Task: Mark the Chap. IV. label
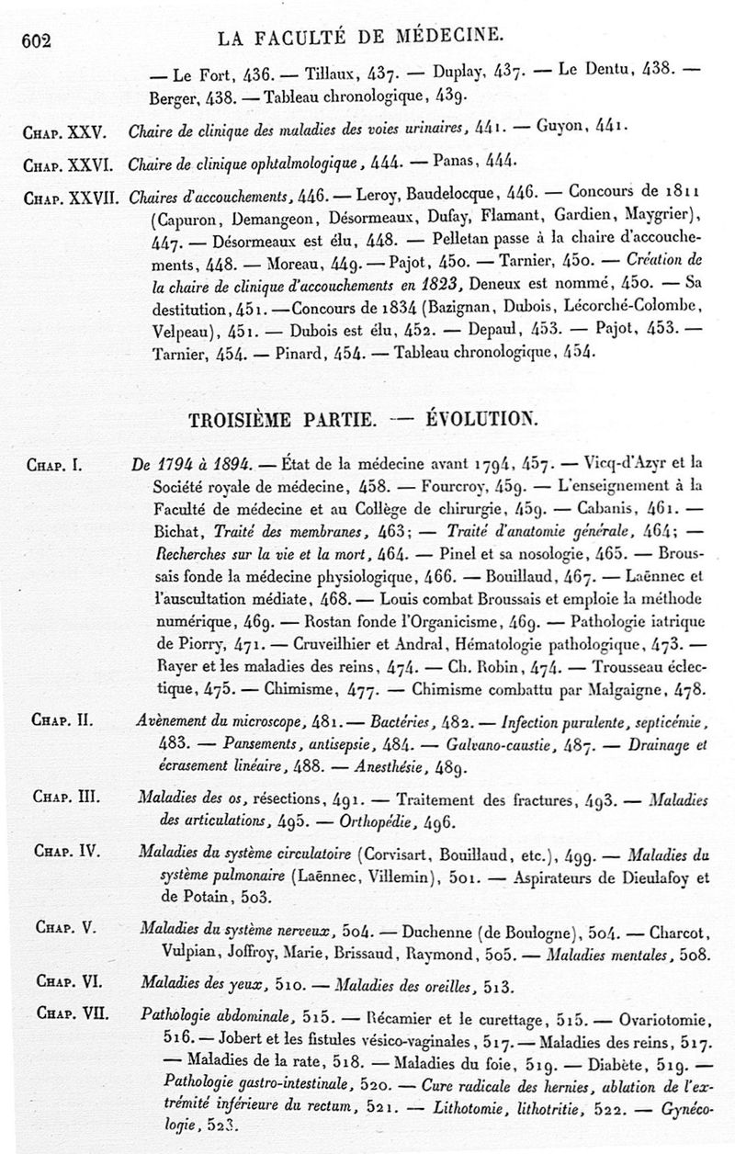tap(66, 852)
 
